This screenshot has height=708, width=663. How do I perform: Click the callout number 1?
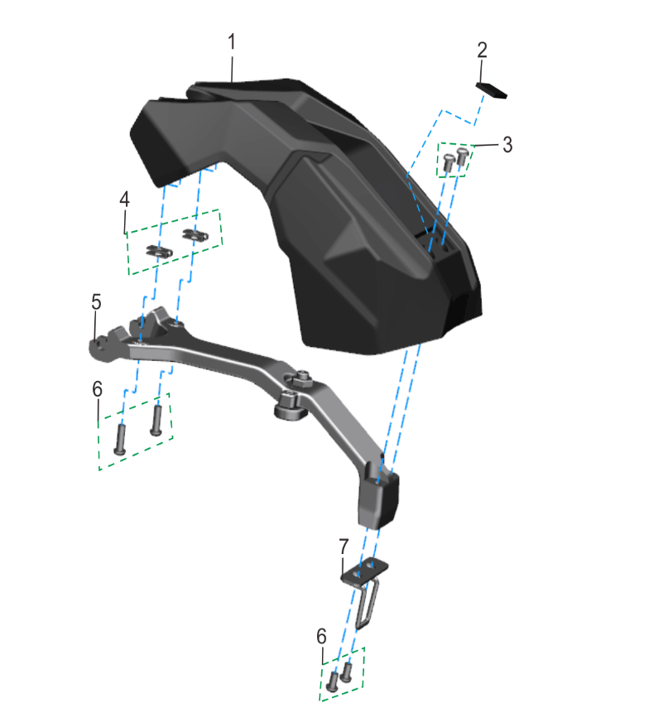[x=232, y=42]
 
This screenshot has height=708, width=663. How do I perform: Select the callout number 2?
[x=482, y=51]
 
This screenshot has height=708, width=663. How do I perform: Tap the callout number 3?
[x=507, y=145]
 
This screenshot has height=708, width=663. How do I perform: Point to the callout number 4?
[x=124, y=199]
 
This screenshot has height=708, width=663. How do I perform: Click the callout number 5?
[x=96, y=301]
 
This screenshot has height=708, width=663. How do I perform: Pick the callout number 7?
[x=344, y=547]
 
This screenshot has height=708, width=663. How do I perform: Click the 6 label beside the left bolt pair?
[x=97, y=388]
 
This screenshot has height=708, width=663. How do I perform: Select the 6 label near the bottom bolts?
[x=321, y=636]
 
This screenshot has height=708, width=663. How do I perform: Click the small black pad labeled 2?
[x=492, y=89]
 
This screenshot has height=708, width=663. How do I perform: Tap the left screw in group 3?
[x=448, y=162]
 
